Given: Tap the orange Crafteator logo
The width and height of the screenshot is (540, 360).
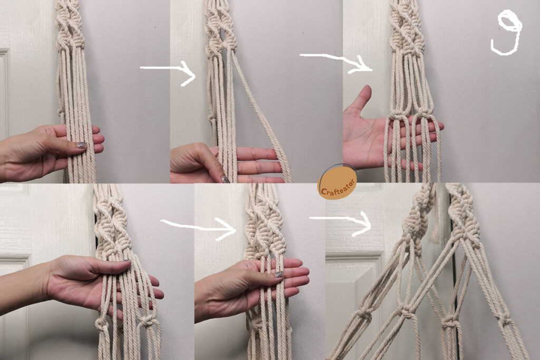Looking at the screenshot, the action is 337,182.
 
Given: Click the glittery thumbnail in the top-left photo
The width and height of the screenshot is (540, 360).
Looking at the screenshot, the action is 81,145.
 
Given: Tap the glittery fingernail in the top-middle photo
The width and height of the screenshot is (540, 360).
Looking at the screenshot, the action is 225,179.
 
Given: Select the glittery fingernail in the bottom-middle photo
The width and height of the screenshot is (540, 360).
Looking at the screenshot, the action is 279,274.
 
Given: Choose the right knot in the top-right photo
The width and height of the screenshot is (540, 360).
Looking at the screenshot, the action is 423,114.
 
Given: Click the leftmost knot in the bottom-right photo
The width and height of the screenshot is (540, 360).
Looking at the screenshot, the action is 362,314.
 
